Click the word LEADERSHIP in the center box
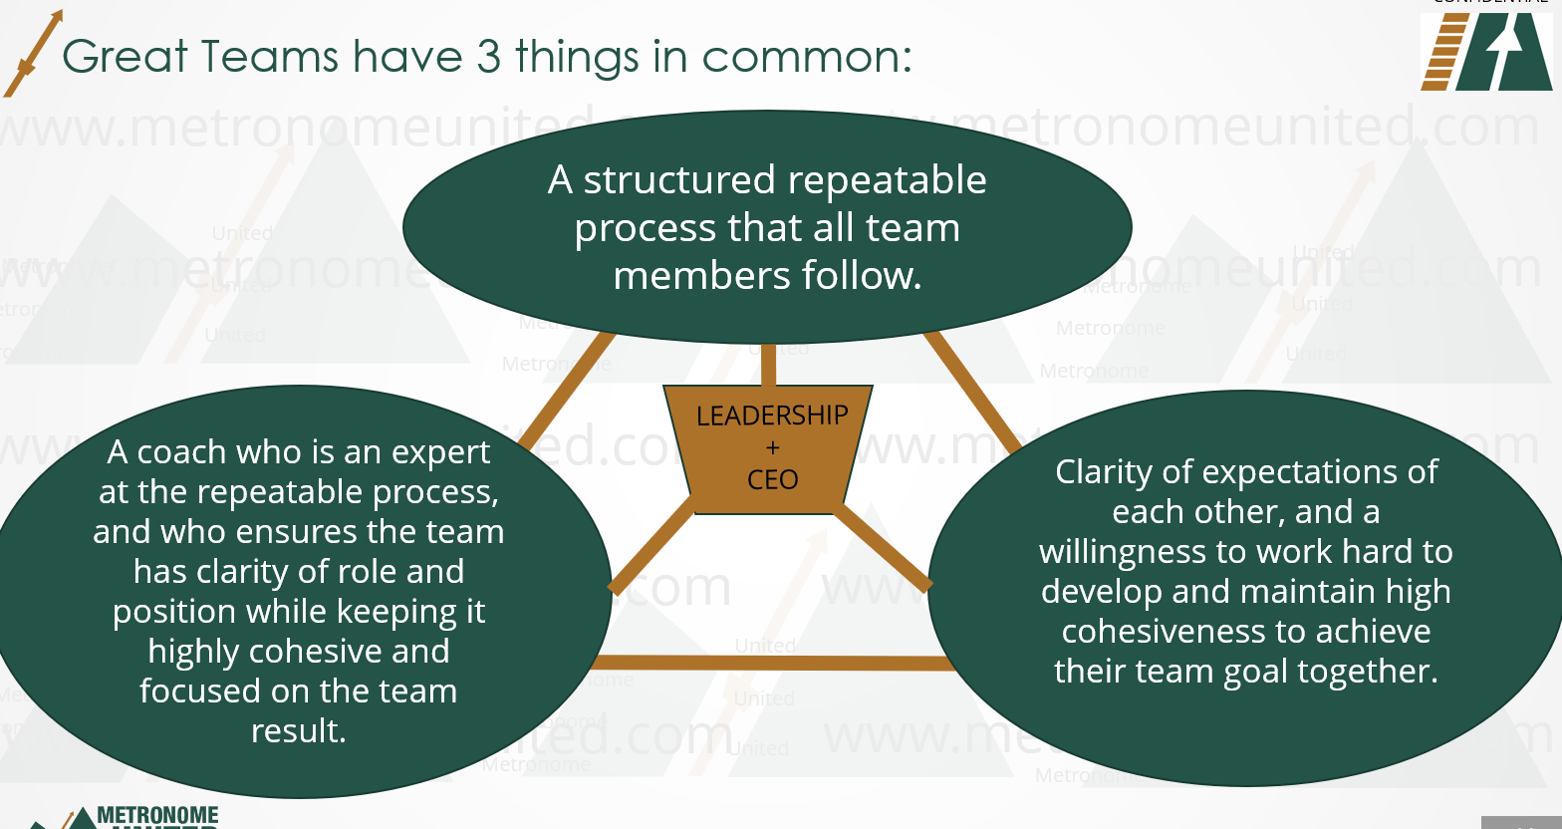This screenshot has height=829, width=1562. coord(772,415)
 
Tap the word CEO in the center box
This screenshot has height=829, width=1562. coord(773,480)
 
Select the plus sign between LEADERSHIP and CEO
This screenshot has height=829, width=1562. coord(773,448)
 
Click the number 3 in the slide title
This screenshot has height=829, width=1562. coord(488,57)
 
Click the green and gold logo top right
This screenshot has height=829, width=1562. coord(1486,56)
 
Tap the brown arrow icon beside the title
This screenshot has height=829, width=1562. coord(32,55)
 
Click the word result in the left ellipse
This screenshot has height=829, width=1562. coord(298,731)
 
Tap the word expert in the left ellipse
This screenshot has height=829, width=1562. coord(440,452)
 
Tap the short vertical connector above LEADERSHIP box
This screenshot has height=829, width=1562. coord(768,365)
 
